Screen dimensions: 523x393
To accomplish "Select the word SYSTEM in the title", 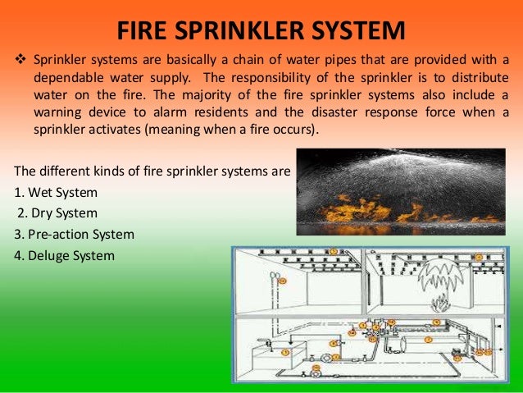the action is [360, 31].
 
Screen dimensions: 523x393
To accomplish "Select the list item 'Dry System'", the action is [57, 214].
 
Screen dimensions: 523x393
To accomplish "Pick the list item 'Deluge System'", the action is [65, 255].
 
